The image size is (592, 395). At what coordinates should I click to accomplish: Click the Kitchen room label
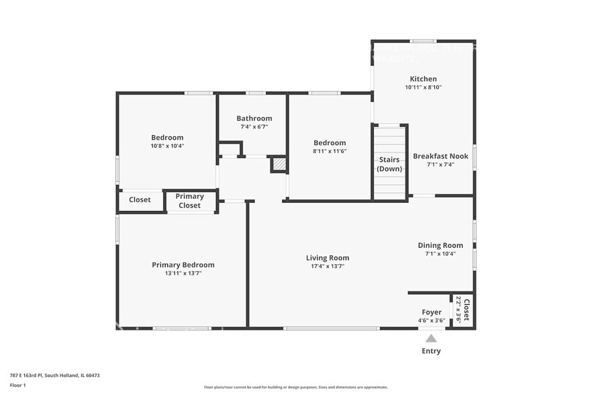pos(423,79)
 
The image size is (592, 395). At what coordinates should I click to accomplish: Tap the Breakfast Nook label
pos(440,156)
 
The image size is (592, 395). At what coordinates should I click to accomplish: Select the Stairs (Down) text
pos(389,164)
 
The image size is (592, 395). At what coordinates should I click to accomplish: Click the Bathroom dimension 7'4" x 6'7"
pos(254,127)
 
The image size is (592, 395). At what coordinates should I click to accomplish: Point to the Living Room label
pos(328,258)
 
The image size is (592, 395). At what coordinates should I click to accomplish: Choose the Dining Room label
pos(440,245)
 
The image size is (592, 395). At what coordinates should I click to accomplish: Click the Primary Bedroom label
pos(183,265)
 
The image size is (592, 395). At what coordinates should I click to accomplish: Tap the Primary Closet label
pos(189,201)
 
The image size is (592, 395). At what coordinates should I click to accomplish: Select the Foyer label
pos(432,312)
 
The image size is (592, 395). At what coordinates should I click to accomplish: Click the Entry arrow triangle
pos(431,339)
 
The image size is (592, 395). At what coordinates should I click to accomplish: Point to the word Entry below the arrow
pos(431,351)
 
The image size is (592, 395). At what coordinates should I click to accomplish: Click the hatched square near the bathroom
pos(279,165)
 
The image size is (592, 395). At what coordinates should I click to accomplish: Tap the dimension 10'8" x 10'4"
pos(167,146)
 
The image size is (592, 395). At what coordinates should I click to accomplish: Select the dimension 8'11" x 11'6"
pos(330,151)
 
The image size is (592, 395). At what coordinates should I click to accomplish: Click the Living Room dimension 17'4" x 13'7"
pos(328,267)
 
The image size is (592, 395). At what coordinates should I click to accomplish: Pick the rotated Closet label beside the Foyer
pos(466,310)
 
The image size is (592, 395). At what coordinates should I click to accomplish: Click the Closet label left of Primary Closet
pos(140,200)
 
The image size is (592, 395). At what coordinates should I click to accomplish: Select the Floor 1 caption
pos(17,385)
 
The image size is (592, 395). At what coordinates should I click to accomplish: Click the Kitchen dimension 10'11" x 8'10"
pos(423,87)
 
